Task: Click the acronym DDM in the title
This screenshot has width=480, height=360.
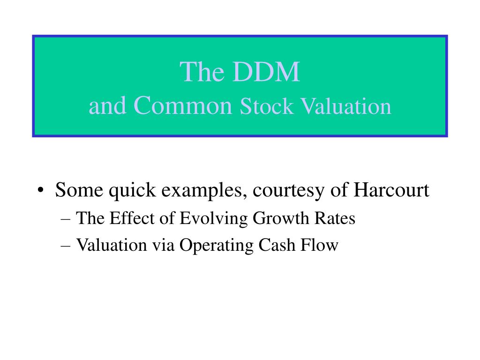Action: pyautogui.click(x=266, y=72)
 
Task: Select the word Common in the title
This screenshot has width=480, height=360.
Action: pyautogui.click(x=183, y=105)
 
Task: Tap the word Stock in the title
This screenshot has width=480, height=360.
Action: pyautogui.click(x=266, y=106)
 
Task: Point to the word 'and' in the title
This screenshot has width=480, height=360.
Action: pyautogui.click(x=107, y=105)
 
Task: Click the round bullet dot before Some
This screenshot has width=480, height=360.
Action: pyautogui.click(x=40, y=190)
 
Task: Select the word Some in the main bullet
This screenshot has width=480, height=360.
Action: pyautogui.click(x=79, y=190)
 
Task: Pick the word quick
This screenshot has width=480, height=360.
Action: pyautogui.click(x=132, y=190)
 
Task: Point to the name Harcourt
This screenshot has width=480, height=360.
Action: pyautogui.click(x=391, y=190)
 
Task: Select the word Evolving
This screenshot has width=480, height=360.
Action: pyautogui.click(x=213, y=219)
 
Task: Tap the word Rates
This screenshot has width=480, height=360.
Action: pyautogui.click(x=335, y=218)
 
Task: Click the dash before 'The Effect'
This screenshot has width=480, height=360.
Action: pyautogui.click(x=66, y=219)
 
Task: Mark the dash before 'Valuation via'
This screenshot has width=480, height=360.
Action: pyautogui.click(x=66, y=246)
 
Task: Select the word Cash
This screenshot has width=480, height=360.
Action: pyautogui.click(x=277, y=245)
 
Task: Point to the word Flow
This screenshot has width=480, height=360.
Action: pyautogui.click(x=319, y=245)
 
